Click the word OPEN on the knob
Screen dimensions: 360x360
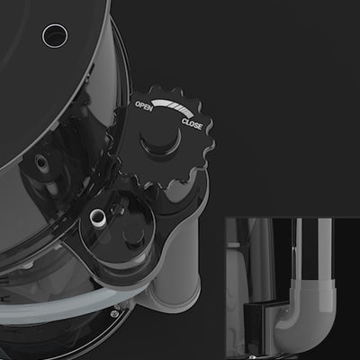coord(144,106)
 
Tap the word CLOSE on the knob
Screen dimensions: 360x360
coord(192,124)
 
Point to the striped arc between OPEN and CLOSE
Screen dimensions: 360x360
coord(174,107)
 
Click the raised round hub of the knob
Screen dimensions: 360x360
coord(160,141)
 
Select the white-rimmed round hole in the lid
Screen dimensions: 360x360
coord(55,36)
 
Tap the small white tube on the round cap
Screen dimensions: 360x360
coord(98,217)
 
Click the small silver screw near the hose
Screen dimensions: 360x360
coord(113,314)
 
